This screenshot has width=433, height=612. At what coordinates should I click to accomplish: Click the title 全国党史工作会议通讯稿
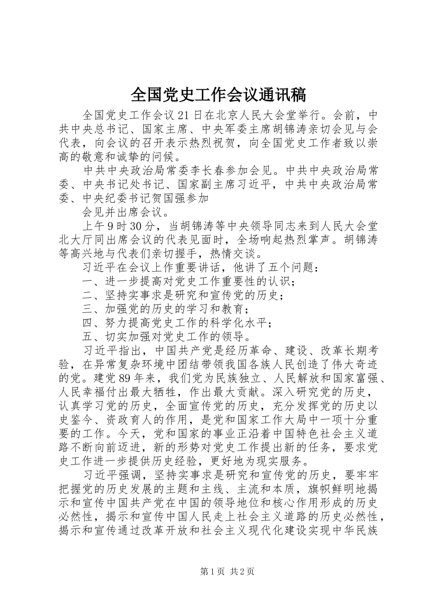point(218,95)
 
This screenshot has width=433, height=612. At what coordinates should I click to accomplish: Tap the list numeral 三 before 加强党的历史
point(88,309)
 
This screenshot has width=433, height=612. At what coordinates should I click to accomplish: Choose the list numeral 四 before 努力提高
point(88,323)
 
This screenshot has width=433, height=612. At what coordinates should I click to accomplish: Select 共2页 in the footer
point(242,572)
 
